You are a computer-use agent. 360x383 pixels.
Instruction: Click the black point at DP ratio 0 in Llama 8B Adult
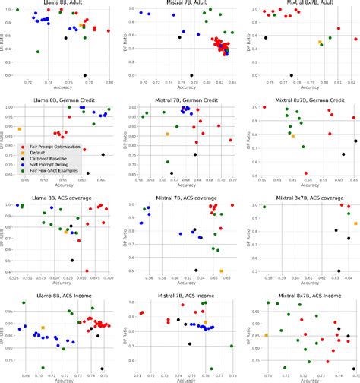[85, 75]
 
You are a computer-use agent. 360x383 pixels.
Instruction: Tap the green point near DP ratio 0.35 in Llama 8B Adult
[38, 52]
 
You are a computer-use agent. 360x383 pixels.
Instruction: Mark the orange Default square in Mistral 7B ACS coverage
[222, 271]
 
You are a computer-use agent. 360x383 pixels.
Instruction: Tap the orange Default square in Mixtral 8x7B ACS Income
[266, 335]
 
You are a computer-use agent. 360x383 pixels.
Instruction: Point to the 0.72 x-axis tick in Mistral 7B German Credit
[230, 179]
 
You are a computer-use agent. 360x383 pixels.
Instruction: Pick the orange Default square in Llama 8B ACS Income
[43, 328]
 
